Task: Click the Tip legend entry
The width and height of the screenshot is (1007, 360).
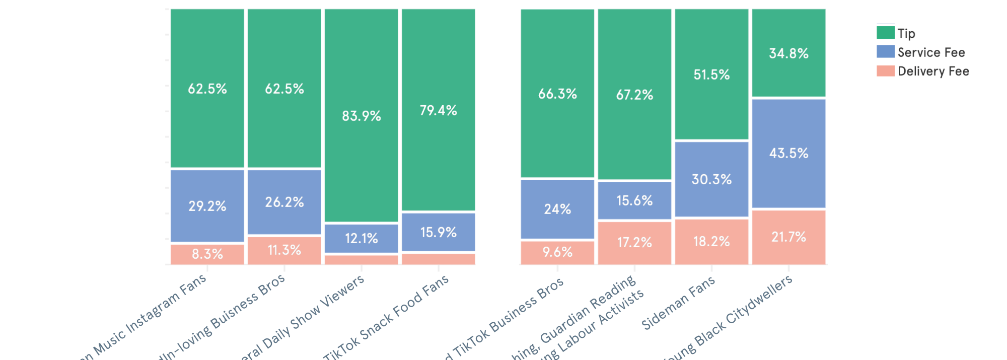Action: click(896, 33)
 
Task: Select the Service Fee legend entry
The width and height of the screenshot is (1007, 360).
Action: click(920, 52)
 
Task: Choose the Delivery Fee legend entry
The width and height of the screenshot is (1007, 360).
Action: click(922, 71)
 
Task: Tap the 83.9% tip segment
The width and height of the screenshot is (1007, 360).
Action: click(362, 116)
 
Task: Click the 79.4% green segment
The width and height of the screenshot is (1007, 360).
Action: click(439, 110)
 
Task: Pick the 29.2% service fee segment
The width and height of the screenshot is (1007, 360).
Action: click(207, 206)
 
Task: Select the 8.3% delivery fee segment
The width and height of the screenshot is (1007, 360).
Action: click(207, 254)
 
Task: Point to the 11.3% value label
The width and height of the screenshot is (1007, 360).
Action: click(284, 250)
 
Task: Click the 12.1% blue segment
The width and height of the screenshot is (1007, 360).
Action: click(362, 238)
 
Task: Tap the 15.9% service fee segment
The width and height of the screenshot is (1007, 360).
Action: click(439, 232)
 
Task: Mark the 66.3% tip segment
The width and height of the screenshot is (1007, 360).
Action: click(557, 94)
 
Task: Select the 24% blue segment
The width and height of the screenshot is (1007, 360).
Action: click(557, 209)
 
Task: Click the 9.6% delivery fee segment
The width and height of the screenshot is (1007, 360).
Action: click(557, 252)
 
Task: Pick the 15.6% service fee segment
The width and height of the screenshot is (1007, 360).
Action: click(634, 200)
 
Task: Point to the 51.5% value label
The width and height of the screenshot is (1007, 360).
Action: click(711, 75)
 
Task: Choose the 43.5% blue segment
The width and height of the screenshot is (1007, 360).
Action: click(788, 153)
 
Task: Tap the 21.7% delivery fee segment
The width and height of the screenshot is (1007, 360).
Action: click(788, 237)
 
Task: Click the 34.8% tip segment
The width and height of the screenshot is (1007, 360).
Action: click(788, 53)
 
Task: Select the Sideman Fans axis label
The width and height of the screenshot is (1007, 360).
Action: click(679, 303)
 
